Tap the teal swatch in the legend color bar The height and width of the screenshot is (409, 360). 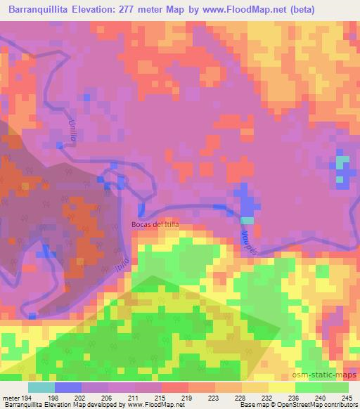[x=41, y=387]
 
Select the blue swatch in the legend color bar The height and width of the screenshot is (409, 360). [x=68, y=387]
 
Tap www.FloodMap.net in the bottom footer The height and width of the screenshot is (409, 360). [x=150, y=405]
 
